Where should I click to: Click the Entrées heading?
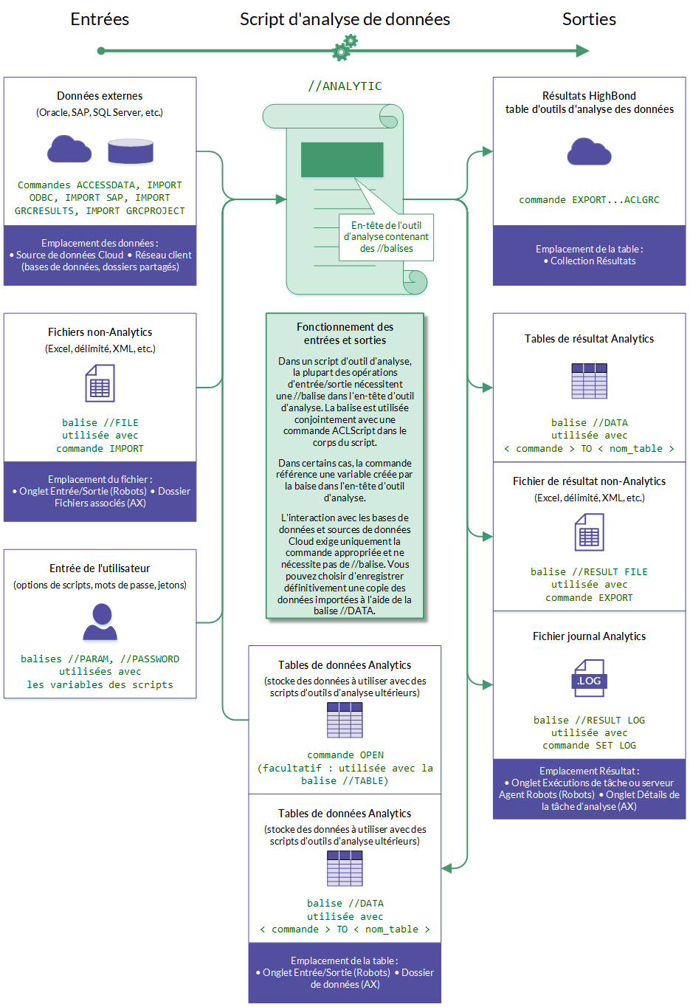coord(100,19)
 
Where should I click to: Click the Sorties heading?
coord(589,19)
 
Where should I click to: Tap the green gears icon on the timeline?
coord(345,48)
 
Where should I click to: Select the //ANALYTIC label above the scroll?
coord(345,86)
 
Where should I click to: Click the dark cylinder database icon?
coord(131,151)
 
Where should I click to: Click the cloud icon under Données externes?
coord(69,150)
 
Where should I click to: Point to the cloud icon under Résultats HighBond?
coord(589,151)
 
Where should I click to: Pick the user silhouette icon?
coord(100,622)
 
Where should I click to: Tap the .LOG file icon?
coord(589,679)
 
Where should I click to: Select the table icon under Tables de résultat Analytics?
coord(589,381)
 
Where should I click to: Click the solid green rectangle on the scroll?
coord(342,159)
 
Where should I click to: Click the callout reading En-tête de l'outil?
coord(386,237)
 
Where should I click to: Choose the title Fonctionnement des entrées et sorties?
coord(345,334)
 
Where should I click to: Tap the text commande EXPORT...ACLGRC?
coord(589,200)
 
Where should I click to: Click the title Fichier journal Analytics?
coord(589,636)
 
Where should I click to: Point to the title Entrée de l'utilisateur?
coord(100,568)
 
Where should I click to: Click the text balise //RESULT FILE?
coord(589,572)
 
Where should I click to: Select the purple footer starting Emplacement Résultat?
coord(589,788)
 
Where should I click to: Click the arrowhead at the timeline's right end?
coord(583,51)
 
